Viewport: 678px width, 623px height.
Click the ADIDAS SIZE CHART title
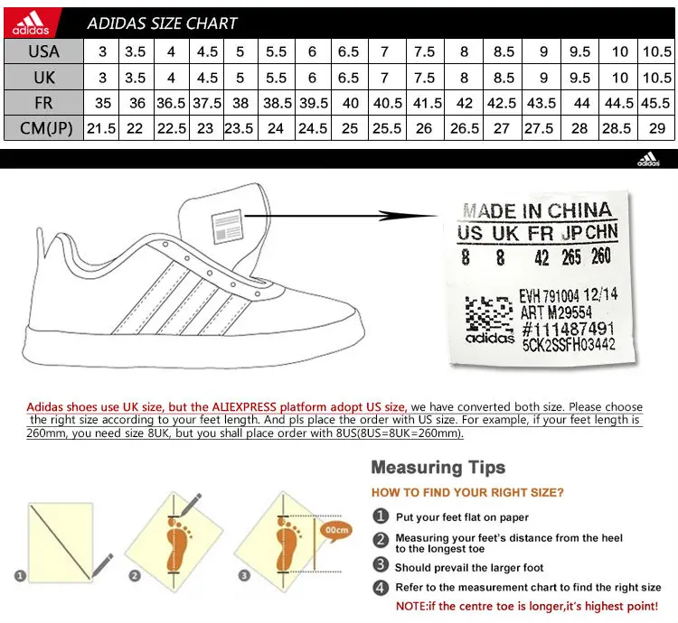click(163, 23)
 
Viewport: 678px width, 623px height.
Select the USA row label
click(43, 52)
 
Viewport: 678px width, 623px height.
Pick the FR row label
click(43, 103)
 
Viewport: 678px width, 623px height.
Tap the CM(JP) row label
click(43, 128)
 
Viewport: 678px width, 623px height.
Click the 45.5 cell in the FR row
click(656, 103)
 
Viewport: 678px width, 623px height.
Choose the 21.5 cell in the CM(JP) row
click(101, 128)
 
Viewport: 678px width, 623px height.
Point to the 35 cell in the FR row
click(101, 103)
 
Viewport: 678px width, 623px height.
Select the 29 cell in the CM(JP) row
click(656, 128)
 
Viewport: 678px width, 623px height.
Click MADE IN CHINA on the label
click(537, 211)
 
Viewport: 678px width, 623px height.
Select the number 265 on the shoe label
click(570, 257)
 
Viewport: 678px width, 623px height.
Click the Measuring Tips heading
click(438, 467)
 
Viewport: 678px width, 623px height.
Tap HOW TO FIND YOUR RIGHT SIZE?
click(467, 493)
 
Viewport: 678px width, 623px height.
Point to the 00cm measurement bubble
click(336, 530)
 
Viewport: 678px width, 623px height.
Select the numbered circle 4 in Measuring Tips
click(381, 587)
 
